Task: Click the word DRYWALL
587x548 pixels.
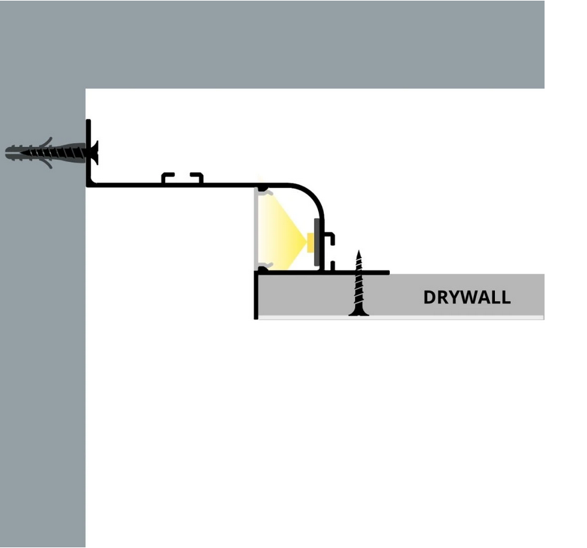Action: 466,297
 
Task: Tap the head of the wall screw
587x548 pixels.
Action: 94,153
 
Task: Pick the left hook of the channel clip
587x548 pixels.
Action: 167,177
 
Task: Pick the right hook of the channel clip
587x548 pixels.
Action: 197,177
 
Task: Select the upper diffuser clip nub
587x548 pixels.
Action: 262,190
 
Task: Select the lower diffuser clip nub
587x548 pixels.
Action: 262,266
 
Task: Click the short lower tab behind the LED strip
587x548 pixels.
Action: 332,265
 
